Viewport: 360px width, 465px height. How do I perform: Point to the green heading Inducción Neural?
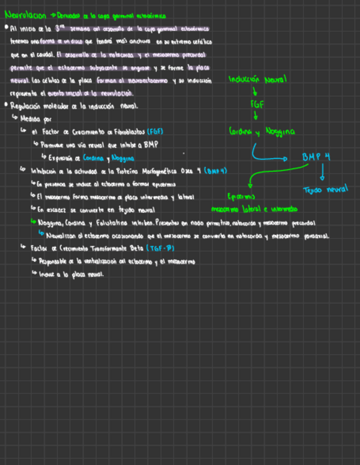(x=257, y=80)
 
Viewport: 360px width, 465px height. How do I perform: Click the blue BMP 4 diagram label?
(x=316, y=157)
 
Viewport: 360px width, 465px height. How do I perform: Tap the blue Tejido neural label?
(x=325, y=190)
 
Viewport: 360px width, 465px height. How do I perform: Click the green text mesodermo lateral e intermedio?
(x=254, y=209)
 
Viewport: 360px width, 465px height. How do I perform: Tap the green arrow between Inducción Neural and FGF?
(x=255, y=91)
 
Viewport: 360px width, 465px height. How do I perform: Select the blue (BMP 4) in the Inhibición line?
(x=215, y=171)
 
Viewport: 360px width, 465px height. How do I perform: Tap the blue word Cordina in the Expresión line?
(x=93, y=158)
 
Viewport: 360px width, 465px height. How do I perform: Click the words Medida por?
(x=36, y=118)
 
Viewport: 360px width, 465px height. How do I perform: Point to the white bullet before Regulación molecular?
(x=5, y=104)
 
